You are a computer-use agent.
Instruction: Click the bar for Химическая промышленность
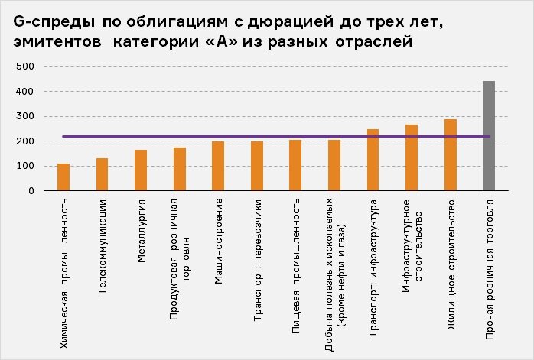coord(63,177)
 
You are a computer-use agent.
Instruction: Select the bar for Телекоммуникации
coord(102,174)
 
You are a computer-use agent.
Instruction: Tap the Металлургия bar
coord(141,170)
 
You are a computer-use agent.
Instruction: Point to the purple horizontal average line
coord(275,137)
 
